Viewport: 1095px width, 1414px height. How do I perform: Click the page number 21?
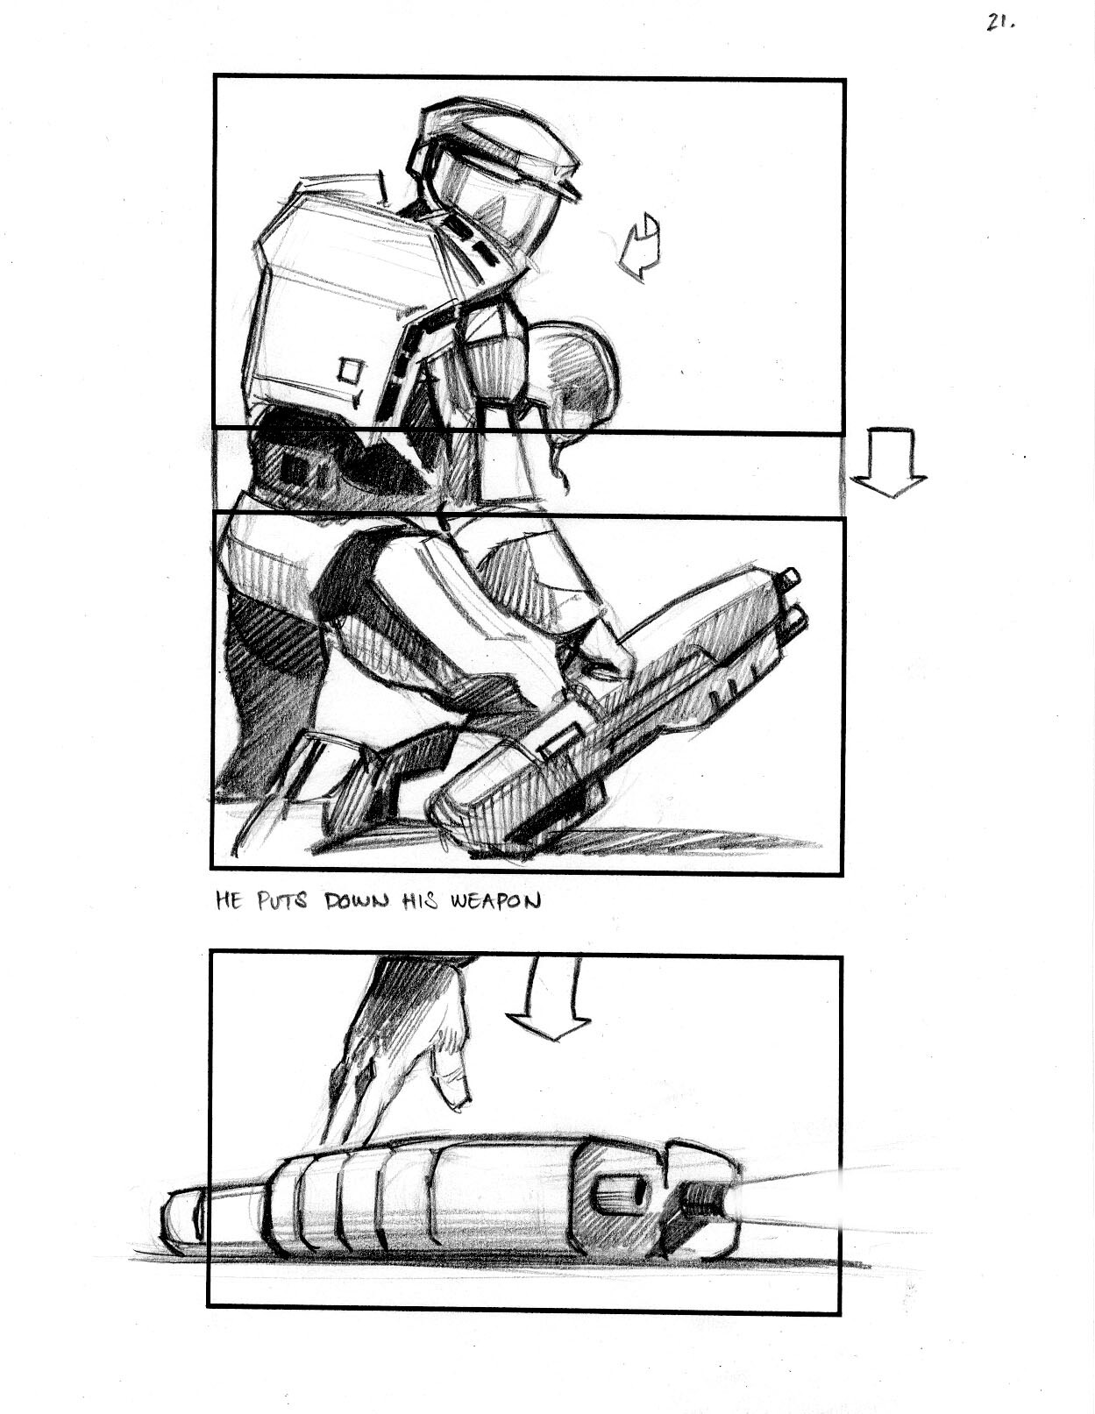[1001, 22]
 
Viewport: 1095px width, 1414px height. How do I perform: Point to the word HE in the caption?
[229, 902]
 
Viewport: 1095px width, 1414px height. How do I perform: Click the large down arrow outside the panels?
[889, 461]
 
